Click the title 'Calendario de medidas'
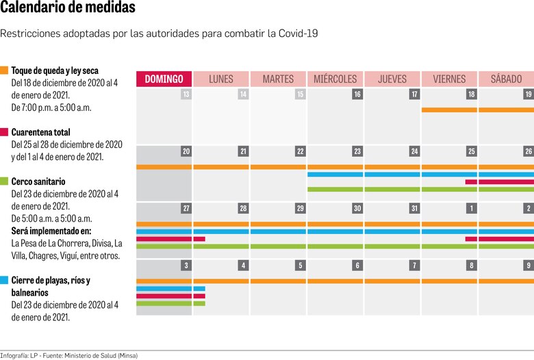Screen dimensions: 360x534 (x=68, y=9)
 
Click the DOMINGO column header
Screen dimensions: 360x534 (x=164, y=79)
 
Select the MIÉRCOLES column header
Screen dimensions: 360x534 (x=335, y=79)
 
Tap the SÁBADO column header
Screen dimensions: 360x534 (x=506, y=79)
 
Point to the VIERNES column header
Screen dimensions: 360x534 (x=449, y=79)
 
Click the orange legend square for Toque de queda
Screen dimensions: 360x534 (x=4, y=70)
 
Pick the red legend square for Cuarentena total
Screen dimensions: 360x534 (x=4, y=132)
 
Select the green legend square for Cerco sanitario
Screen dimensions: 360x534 (x=4, y=181)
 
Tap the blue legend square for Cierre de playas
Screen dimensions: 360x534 (x=4, y=280)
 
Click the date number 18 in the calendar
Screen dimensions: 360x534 (x=471, y=94)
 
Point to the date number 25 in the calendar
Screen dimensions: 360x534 (x=471, y=151)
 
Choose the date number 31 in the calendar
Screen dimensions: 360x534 (x=414, y=208)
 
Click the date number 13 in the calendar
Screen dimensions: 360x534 (x=186, y=94)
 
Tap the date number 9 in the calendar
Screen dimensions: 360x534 (x=528, y=265)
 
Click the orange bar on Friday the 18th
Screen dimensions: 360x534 (x=449, y=110)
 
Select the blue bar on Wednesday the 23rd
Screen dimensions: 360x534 (x=335, y=175)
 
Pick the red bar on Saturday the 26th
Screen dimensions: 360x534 (x=506, y=182)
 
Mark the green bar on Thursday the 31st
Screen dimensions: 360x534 (x=392, y=246)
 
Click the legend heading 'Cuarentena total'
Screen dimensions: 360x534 (x=40, y=132)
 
